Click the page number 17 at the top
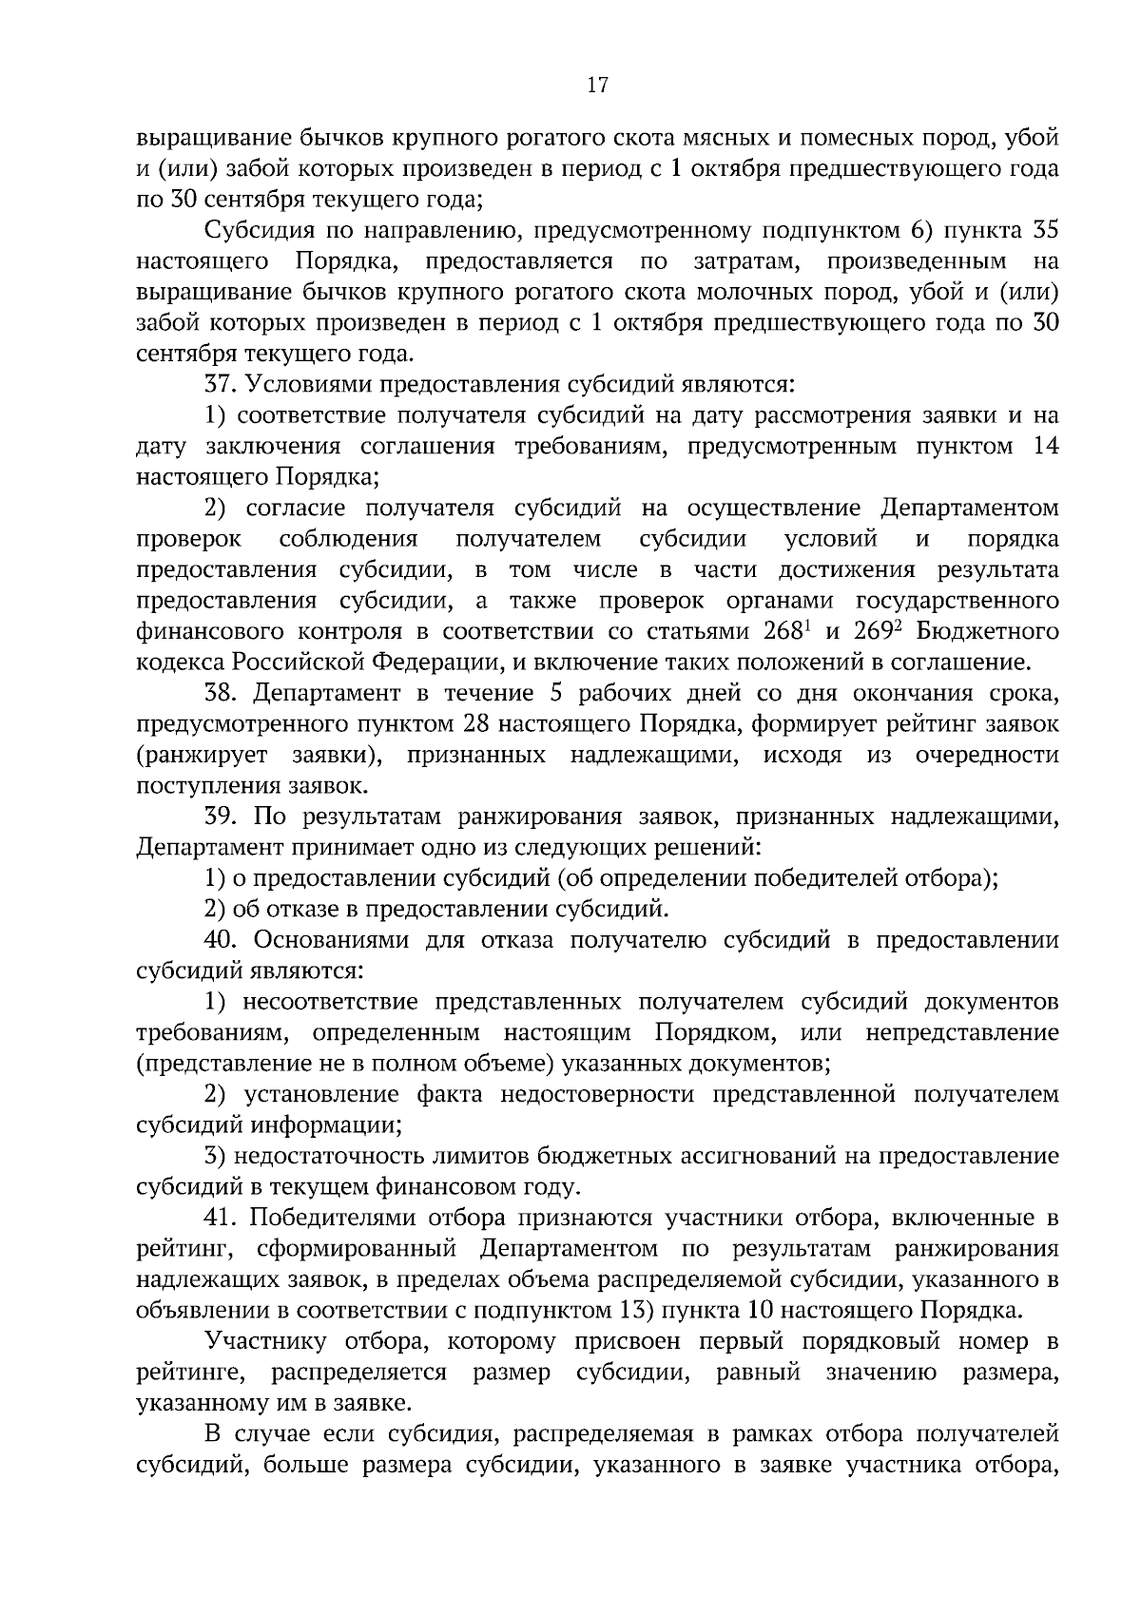coord(597,86)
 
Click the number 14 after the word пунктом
coord(1044,446)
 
